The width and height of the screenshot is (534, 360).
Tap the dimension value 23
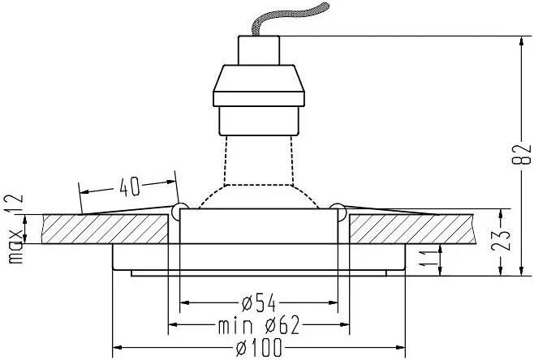[x=502, y=240]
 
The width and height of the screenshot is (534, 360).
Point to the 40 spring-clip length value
[x=130, y=186]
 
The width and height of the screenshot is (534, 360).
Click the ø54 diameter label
[x=259, y=303]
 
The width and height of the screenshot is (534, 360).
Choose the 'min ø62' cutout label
[x=259, y=325]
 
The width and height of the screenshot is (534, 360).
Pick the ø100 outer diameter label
[x=259, y=347]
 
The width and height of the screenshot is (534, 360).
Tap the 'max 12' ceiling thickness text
[x=15, y=229]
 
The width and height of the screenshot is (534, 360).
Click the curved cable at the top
[x=290, y=19]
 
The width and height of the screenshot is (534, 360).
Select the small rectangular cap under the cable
[x=259, y=50]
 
